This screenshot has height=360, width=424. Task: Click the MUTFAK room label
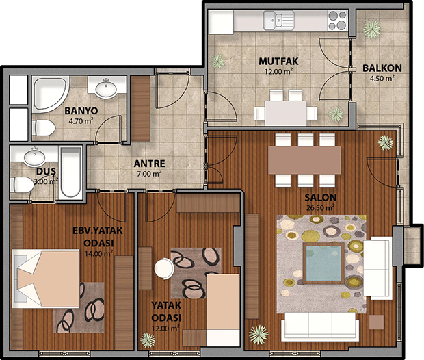pos(278,62)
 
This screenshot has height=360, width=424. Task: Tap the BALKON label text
pos(382,68)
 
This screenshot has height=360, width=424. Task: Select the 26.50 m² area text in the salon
pos(321,208)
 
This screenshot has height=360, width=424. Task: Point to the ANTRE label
pos(149,164)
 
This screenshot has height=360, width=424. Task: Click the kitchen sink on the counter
pos(279,20)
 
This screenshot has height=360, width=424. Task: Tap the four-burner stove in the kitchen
pos(337,20)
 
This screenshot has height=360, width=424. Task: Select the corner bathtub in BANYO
pos(50,94)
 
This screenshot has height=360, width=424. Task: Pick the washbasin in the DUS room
pos(34,156)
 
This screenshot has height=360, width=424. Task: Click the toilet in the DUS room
pos(22,184)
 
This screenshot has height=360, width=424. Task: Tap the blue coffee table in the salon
pos(323,263)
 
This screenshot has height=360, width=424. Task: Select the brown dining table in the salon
pos(304,160)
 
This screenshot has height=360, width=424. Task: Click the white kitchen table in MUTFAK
pos(286,113)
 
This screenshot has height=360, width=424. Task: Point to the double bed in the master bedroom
pos(46,279)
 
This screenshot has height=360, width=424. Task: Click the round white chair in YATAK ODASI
pos(164,268)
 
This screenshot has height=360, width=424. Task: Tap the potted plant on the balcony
pos(372,29)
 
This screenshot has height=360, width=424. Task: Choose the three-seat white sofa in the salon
pos(320,326)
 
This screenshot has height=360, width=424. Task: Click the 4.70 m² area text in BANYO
pos(81,120)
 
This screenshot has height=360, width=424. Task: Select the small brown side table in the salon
pos(376,322)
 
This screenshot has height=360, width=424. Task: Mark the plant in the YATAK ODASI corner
pos(148,340)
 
